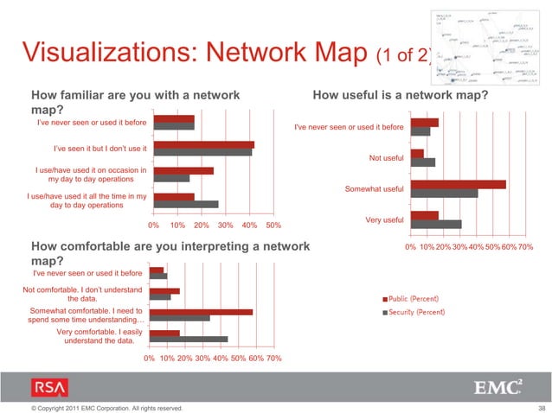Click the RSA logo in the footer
(x=48, y=387)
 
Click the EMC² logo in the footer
(x=498, y=387)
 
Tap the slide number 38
(x=542, y=407)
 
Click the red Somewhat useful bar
(x=459, y=184)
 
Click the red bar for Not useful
(x=417, y=154)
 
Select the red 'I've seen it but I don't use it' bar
(x=202, y=144)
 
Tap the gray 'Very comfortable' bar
(x=189, y=340)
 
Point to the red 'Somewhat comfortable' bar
(x=201, y=312)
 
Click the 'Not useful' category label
(x=386, y=158)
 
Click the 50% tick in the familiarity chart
(x=273, y=226)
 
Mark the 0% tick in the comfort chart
(x=149, y=358)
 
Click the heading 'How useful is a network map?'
(x=401, y=96)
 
